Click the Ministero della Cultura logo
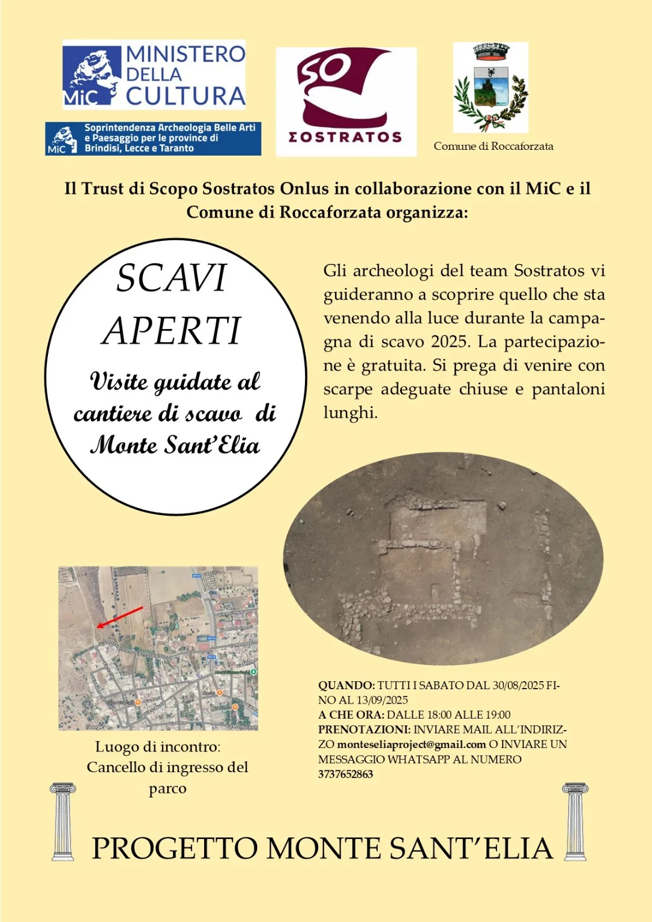(154, 74)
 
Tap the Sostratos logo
(346, 101)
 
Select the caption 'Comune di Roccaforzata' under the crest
(493, 146)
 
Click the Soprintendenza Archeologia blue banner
(153, 138)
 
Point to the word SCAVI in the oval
(172, 278)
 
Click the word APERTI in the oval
(171, 331)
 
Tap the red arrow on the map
(120, 617)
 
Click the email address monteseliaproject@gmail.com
(411, 745)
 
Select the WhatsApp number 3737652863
(345, 774)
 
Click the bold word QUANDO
(346, 686)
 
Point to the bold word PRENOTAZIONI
(364, 730)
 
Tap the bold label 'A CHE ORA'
(351, 715)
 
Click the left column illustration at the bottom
(62, 821)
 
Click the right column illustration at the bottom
(575, 821)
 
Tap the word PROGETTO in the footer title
(175, 848)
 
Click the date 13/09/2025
(382, 700)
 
